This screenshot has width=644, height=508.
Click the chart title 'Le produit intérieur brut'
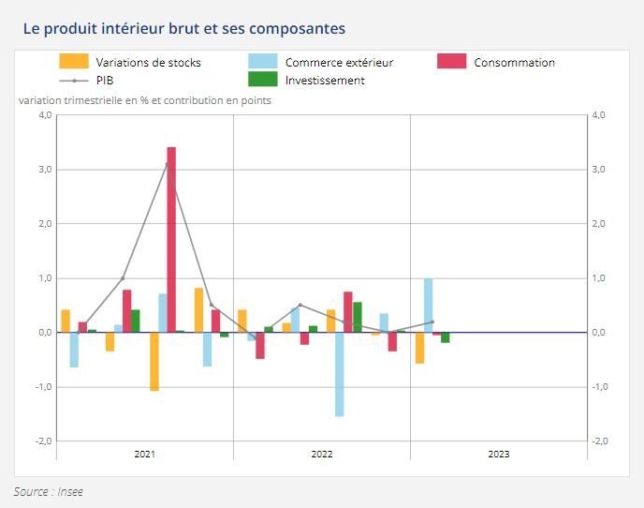click(183, 28)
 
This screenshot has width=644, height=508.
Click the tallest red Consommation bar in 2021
click(171, 239)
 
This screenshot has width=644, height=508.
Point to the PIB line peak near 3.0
click(168, 164)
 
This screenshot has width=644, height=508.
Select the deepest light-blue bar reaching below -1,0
click(339, 375)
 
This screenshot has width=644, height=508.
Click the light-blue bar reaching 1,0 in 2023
click(428, 306)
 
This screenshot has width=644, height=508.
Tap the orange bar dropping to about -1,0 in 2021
click(154, 361)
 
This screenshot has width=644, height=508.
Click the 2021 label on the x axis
click(145, 455)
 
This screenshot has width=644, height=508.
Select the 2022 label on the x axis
click(322, 455)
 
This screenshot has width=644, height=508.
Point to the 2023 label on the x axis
click(499, 455)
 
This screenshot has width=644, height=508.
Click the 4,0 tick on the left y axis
click(43, 115)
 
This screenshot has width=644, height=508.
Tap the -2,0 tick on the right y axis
click(600, 441)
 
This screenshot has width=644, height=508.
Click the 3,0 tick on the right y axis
click(600, 170)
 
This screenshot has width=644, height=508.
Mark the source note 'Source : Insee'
click(48, 491)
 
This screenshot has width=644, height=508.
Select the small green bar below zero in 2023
click(446, 337)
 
